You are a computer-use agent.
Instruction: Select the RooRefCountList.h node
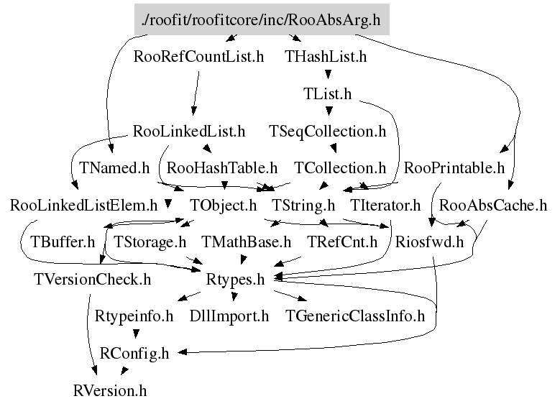click(199, 57)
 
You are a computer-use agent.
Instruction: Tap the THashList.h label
click(326, 57)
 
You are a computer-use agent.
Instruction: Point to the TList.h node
click(328, 94)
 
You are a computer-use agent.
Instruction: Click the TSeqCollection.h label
click(328, 132)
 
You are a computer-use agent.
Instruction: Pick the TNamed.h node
click(114, 169)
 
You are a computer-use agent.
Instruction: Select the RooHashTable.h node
click(222, 169)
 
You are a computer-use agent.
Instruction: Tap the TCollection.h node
click(340, 169)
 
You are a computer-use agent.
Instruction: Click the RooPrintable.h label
click(454, 169)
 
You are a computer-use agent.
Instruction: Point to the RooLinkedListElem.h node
click(83, 206)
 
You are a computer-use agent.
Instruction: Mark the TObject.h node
click(223, 206)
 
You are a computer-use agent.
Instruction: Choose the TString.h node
click(303, 206)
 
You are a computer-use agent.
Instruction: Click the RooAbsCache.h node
click(492, 206)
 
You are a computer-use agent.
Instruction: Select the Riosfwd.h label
click(429, 242)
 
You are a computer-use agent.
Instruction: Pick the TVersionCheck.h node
click(92, 280)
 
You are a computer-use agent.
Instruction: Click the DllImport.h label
click(229, 316)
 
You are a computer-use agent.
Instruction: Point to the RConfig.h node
click(134, 354)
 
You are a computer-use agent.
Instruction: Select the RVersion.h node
click(110, 391)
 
